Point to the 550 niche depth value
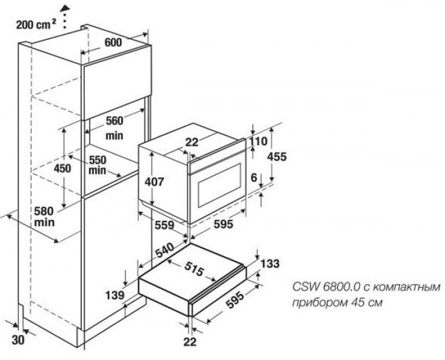pos(100,161)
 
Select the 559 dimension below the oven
pos(165,226)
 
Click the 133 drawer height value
pos(271,263)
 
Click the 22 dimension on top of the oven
pos(192,142)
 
